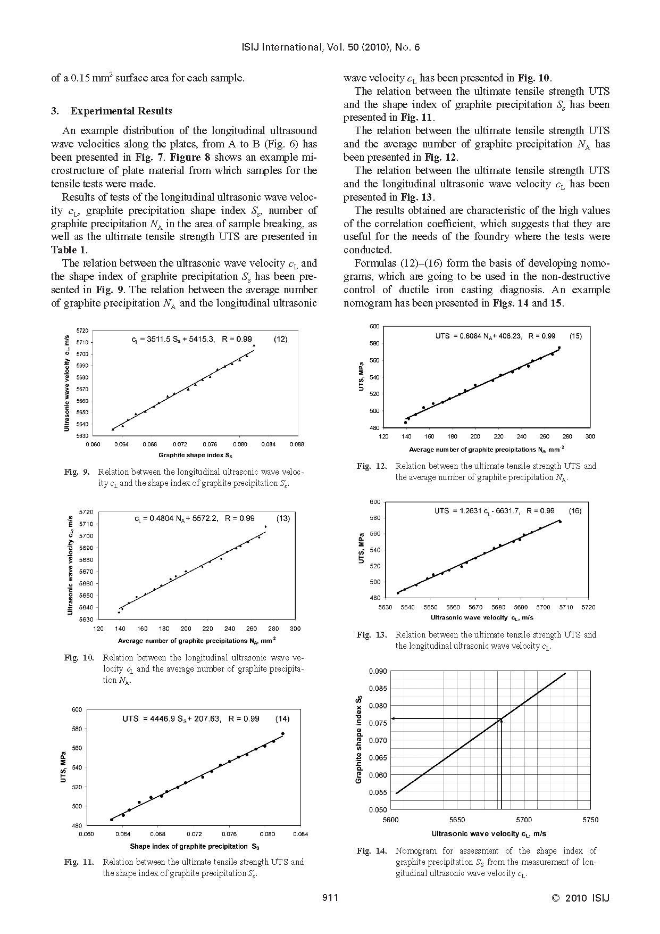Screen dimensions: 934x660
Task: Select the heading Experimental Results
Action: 121,111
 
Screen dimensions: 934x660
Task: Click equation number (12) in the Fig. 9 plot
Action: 280,339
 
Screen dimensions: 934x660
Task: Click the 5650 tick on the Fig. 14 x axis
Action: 457,820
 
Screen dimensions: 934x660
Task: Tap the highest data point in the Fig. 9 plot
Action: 254,345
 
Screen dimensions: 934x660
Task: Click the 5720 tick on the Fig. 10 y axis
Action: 86,511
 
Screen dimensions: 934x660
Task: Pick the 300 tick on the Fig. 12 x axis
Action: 590,436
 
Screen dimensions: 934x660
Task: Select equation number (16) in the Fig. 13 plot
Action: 574,510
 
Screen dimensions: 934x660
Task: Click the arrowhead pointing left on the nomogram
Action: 393,718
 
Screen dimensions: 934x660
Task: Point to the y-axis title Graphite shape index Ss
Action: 359,739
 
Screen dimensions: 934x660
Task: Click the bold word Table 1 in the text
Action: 68,250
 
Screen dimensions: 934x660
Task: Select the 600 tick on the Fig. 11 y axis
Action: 77,709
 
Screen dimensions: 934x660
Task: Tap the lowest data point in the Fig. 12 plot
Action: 405,423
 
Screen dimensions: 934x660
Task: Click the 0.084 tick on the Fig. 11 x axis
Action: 300,834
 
